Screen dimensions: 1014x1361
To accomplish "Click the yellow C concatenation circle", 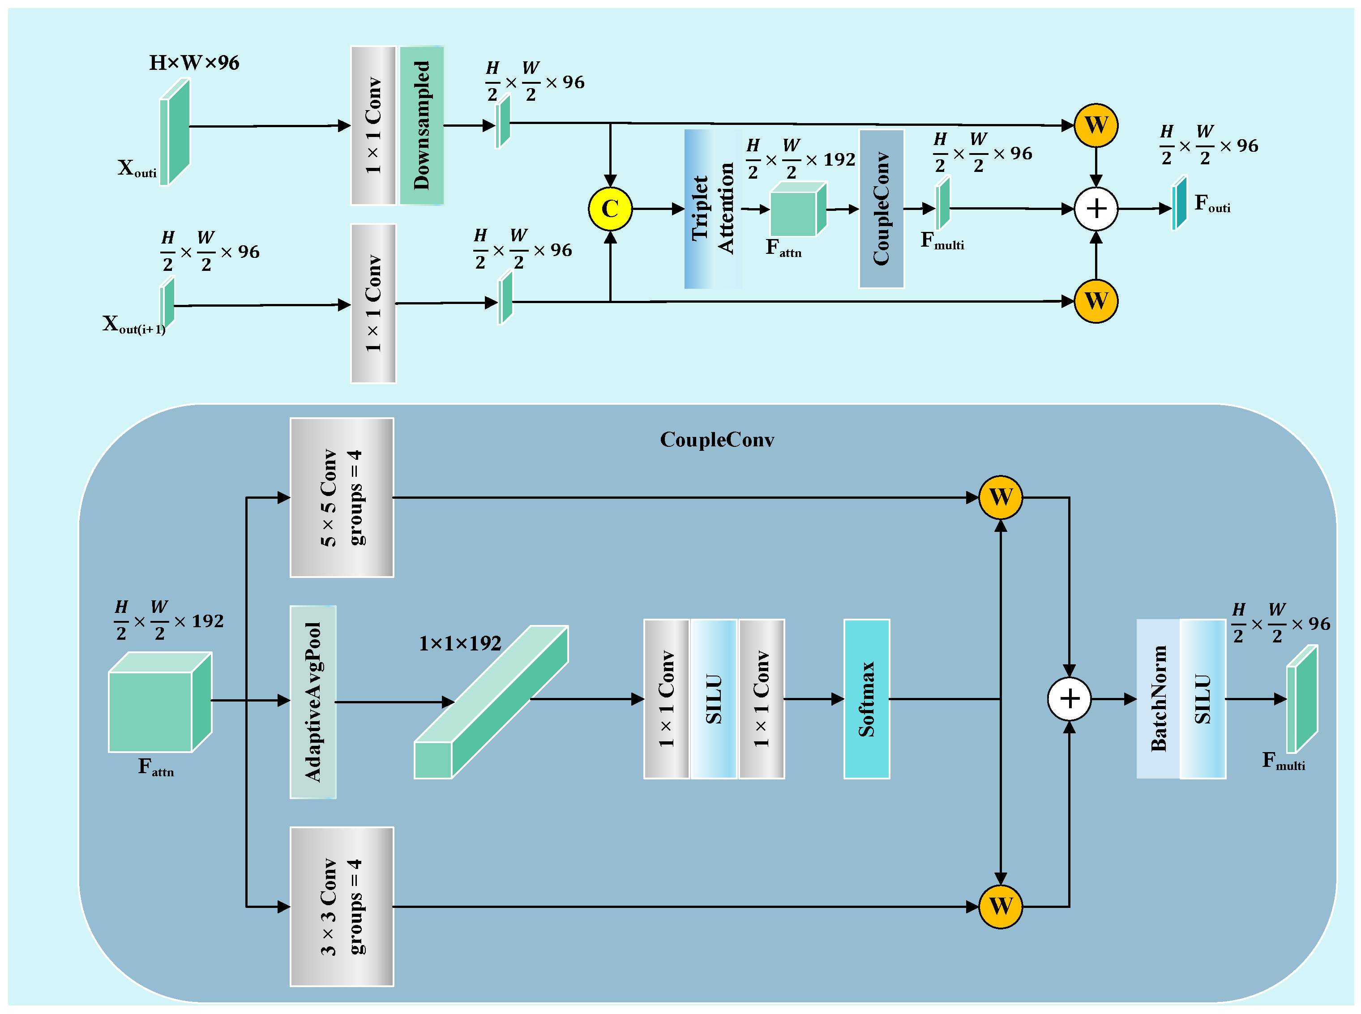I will [610, 209].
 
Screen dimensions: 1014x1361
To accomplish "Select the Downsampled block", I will [421, 125].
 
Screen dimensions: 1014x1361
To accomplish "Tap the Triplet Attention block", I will [713, 209].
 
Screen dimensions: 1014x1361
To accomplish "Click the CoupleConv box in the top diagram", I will [881, 209].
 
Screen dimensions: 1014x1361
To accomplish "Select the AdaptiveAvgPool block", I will [312, 702].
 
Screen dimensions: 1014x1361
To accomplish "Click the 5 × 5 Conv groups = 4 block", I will [341, 497].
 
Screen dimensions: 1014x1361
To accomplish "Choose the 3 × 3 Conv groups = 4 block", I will [341, 906].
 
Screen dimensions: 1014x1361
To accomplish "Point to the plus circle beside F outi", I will [1096, 209].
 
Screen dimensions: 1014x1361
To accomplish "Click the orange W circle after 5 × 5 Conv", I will [1000, 497].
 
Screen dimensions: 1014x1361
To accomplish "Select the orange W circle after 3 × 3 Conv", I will [1000, 906].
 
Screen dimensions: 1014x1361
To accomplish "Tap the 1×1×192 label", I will [460, 643].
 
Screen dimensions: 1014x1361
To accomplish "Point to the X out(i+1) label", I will [134, 324].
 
